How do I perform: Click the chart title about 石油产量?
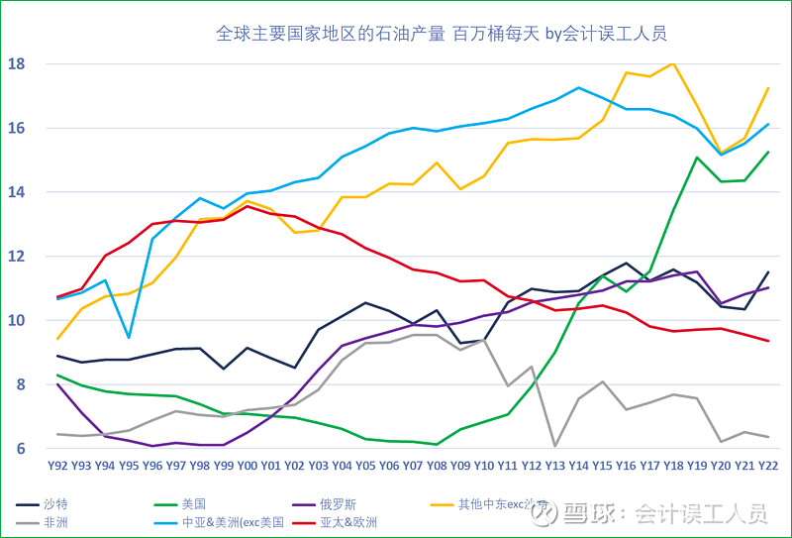[x=441, y=34]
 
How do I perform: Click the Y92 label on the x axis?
[x=57, y=465]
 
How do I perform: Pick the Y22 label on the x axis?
[x=767, y=465]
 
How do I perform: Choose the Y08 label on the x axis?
[x=437, y=465]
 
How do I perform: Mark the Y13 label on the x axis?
[x=554, y=465]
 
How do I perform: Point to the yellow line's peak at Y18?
[x=673, y=63]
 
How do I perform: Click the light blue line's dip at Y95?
[x=128, y=338]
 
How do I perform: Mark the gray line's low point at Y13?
[x=554, y=446]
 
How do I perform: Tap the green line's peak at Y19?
[x=697, y=158]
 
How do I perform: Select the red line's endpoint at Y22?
[x=767, y=341]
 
